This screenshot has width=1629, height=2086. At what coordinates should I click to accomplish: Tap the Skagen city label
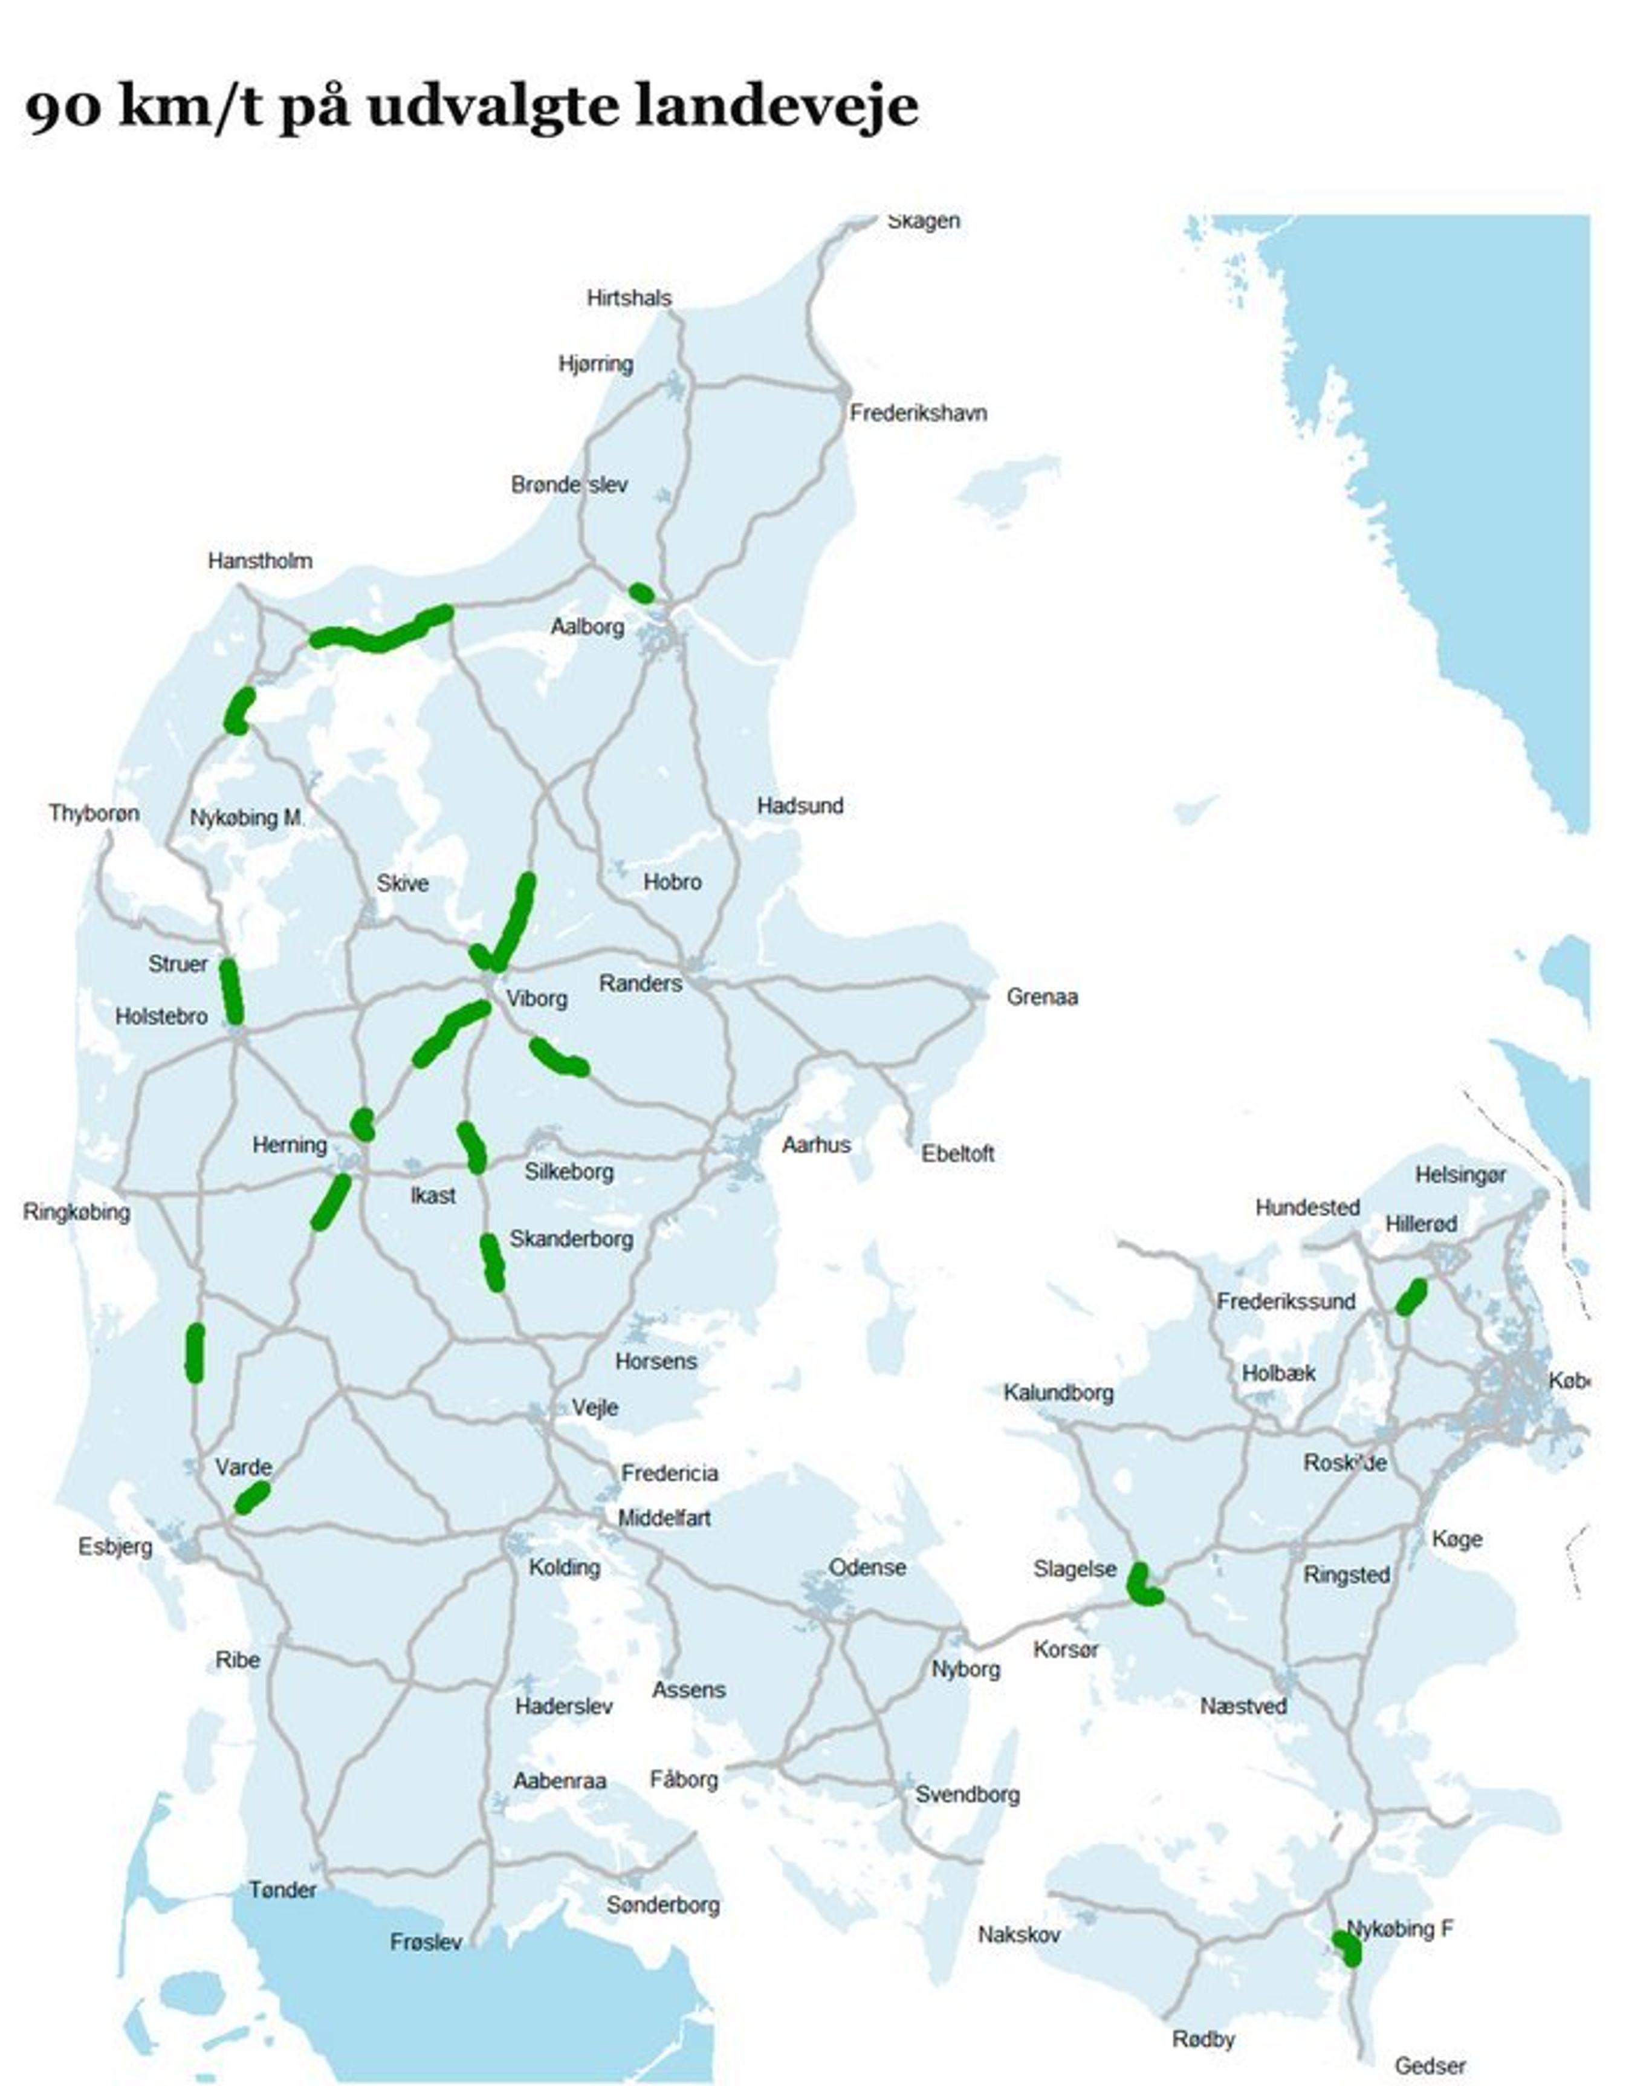[x=924, y=221]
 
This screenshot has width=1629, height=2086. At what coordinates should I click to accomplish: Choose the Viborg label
[x=537, y=998]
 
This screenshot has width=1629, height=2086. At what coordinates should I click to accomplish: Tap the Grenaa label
[x=1041, y=996]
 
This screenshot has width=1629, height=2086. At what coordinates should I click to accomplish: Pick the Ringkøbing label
[x=76, y=1212]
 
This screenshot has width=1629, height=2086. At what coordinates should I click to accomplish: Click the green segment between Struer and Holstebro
[x=231, y=992]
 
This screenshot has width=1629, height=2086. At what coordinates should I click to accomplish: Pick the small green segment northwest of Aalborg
[x=642, y=593]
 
